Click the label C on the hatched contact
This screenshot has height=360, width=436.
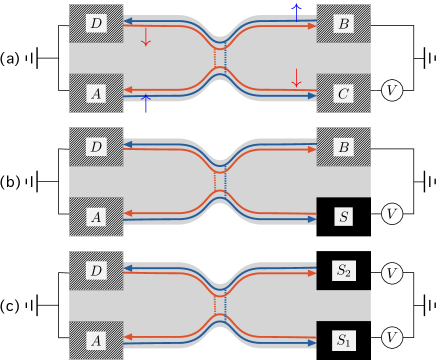(344, 94)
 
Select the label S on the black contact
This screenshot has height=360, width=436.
(344, 216)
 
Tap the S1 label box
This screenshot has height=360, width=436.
(344, 340)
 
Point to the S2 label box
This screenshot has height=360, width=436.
(344, 270)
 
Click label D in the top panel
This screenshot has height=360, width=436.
(96, 23)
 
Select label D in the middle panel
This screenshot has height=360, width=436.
(96, 147)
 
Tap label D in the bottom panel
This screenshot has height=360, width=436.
(96, 271)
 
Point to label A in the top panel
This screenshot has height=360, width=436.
(96, 94)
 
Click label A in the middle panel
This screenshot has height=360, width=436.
(96, 217)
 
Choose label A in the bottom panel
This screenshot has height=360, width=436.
(96, 340)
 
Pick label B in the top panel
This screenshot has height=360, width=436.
(344, 23)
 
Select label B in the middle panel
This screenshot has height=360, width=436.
(344, 147)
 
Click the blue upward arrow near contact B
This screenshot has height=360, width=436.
(296, 12)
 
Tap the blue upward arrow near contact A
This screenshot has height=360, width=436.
(146, 103)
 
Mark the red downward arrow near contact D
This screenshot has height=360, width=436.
(146, 38)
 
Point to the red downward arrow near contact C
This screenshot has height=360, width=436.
(296, 77)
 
